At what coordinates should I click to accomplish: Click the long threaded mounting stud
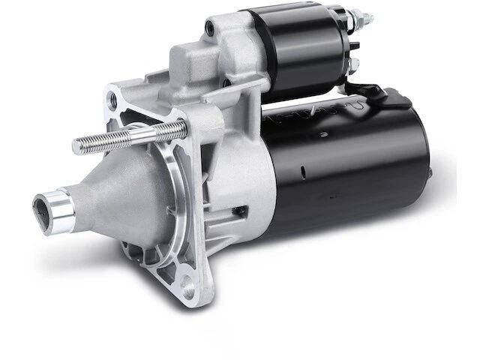click(127, 139)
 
